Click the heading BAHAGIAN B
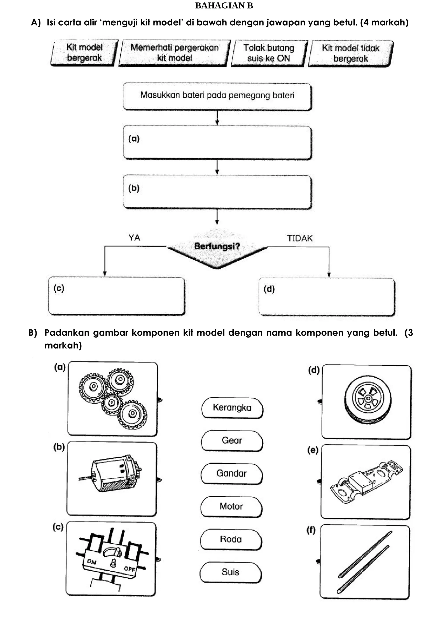pos(224,6)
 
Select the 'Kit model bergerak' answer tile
pos(84,53)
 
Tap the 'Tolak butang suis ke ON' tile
pos(269,53)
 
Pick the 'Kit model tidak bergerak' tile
pos(350,53)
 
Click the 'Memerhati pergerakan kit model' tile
pos(174,53)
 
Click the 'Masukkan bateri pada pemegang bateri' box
pos(217,96)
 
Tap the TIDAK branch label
pos(300,238)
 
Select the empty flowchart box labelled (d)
pos(327,296)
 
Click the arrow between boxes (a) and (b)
pos(217,167)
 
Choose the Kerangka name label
pos(232,408)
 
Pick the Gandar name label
pos(231,473)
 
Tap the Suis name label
pos(230,572)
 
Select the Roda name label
pos(231,539)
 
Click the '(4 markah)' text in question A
pos(384,22)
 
